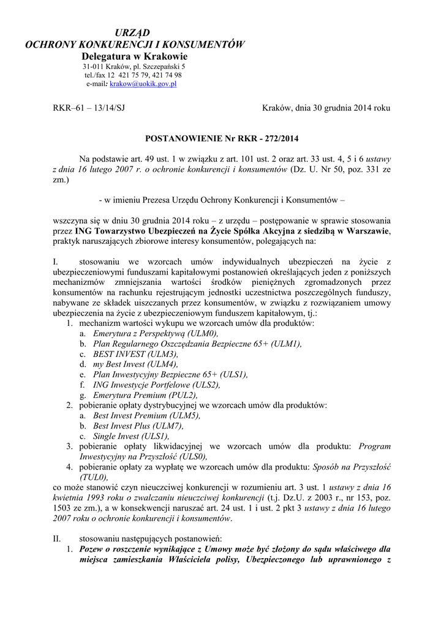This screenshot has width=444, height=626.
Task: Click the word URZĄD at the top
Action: point(134,32)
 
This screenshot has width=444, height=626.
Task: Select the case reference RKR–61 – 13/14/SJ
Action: point(89,108)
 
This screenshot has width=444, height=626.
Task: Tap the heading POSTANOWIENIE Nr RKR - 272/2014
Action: point(222,139)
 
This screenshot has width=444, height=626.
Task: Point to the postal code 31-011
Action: point(93,66)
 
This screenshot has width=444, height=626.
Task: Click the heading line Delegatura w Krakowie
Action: point(134,56)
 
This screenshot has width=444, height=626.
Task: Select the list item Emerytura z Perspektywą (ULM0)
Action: point(156,333)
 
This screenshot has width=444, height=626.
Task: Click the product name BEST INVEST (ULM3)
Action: point(136,354)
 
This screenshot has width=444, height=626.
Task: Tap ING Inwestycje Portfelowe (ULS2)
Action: point(156,385)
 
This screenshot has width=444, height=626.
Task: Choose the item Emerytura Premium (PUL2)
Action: point(146,396)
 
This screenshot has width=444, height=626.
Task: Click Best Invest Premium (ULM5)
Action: point(146,416)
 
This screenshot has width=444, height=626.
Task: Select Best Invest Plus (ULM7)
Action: point(138,426)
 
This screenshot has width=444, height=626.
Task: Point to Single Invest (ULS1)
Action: point(130,436)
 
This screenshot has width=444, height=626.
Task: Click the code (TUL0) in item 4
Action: point(94,477)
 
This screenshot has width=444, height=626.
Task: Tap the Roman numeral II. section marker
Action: point(58,539)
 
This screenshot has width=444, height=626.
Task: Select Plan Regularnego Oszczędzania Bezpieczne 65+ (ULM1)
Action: point(197,344)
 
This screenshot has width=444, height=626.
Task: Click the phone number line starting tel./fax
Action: point(133,75)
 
